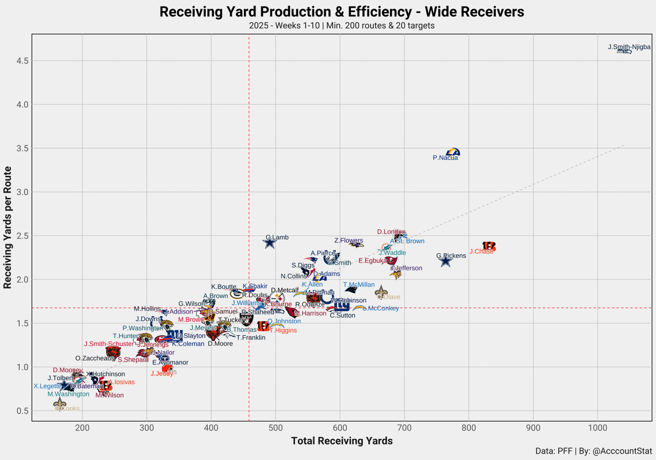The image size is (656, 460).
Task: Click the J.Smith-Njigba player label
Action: (x=629, y=48)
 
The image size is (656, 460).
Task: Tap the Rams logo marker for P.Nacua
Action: (x=453, y=152)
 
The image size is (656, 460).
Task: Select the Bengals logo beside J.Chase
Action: (x=489, y=246)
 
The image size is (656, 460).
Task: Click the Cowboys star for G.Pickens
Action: (x=446, y=261)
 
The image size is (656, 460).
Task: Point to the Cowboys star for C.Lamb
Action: (x=270, y=243)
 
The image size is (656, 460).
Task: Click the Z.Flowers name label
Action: (x=348, y=240)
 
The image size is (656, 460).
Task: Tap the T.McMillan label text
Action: (x=359, y=285)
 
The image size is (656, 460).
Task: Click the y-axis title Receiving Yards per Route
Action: (x=8, y=227)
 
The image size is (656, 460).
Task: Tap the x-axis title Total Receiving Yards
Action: (x=342, y=441)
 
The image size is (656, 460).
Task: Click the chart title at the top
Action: (x=342, y=12)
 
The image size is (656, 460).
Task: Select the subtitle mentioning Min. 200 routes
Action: (x=342, y=26)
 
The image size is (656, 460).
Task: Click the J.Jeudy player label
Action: (x=162, y=374)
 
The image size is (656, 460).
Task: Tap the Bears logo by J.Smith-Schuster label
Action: (x=113, y=352)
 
